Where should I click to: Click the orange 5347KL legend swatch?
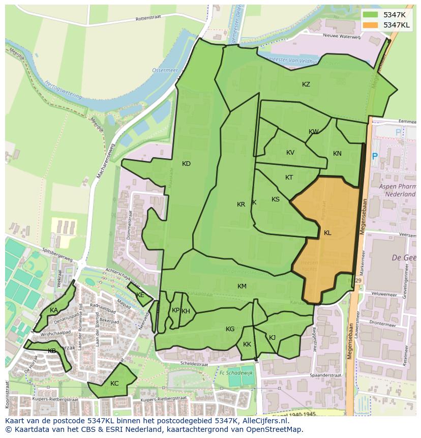[371, 25]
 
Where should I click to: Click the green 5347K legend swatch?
[371, 15]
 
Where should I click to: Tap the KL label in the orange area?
[327, 233]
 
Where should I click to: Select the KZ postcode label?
[306, 84]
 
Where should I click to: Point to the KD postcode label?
[186, 164]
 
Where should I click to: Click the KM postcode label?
[242, 286]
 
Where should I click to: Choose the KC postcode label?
[114, 384]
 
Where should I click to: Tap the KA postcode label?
[53, 310]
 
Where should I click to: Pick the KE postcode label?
[140, 295]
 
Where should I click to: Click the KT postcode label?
[289, 178]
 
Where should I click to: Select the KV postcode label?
[290, 153]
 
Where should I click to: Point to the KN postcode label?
[337, 154]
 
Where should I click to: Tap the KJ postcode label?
[272, 337]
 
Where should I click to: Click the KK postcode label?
[247, 344]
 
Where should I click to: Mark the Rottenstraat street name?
[148, 18]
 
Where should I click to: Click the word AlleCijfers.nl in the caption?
[264, 421]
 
